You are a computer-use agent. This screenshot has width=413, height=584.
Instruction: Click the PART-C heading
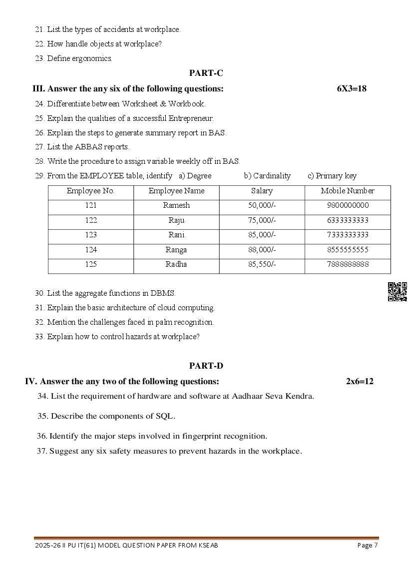(x=206, y=73)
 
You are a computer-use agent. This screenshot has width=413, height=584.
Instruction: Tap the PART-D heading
(x=206, y=366)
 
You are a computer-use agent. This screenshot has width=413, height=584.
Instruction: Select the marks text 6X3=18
(x=352, y=89)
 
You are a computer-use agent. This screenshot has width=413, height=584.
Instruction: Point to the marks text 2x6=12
(x=360, y=382)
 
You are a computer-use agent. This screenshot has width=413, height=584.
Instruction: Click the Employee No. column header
(x=90, y=191)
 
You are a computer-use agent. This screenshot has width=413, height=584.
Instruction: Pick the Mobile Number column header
(x=348, y=191)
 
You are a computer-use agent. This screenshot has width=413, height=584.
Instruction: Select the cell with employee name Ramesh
(x=176, y=205)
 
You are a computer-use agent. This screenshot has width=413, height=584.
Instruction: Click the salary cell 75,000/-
(x=262, y=220)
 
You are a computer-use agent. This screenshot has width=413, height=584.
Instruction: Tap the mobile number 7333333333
(x=348, y=235)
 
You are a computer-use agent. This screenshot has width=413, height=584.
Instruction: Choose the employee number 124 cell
(x=90, y=250)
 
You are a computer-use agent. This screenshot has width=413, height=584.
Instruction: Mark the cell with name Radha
(x=176, y=264)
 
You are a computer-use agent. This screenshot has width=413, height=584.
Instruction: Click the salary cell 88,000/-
(x=262, y=250)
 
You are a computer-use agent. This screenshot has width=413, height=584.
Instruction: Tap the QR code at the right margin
(x=398, y=292)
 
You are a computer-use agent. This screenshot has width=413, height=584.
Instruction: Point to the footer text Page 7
(x=368, y=546)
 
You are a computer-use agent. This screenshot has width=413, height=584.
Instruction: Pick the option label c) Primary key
(x=332, y=176)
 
